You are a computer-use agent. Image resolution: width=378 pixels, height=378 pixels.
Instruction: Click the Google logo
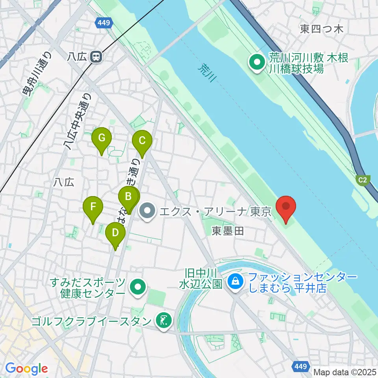coord(26,369)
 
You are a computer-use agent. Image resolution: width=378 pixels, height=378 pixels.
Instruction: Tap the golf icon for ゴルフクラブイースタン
coord(162,321)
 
